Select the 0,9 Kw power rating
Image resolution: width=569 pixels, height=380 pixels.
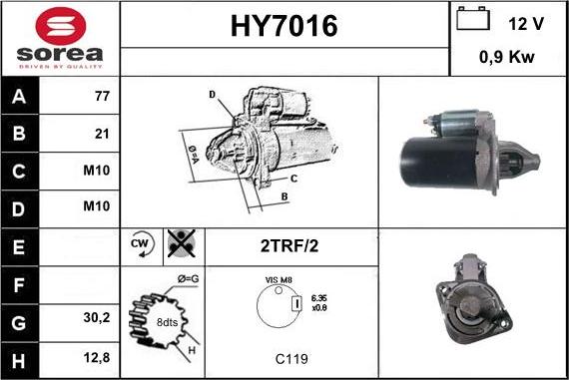tap(507, 58)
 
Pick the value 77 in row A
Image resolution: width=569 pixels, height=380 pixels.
tap(101, 98)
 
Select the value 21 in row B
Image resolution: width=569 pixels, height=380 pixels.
tap(101, 134)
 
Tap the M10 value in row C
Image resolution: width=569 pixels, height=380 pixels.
tap(97, 170)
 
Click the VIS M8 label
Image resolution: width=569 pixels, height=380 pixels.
tap(279, 282)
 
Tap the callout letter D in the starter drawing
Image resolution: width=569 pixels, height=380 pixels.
tap(213, 95)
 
